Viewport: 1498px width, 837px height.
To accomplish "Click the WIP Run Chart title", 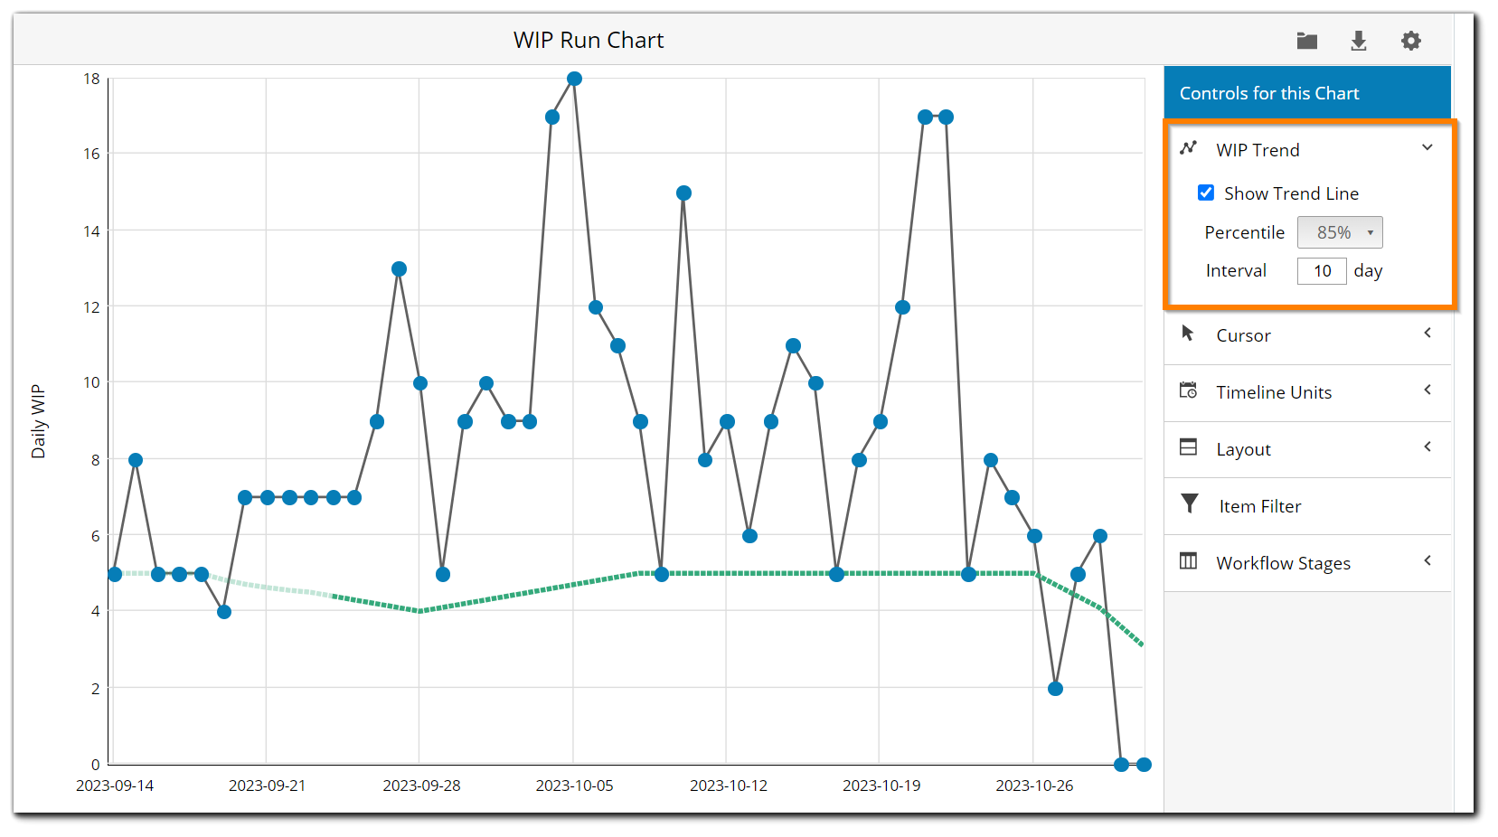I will pyautogui.click(x=589, y=41).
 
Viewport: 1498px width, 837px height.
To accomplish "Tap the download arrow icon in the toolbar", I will pyautogui.click(x=1358, y=41).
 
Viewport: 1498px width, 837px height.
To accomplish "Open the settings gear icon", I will pyautogui.click(x=1410, y=41).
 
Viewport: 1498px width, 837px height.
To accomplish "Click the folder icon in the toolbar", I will pyautogui.click(x=1306, y=41).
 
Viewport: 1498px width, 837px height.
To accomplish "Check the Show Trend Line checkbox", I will pyautogui.click(x=1206, y=193).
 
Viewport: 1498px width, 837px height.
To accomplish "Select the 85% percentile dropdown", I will pyautogui.click(x=1339, y=232).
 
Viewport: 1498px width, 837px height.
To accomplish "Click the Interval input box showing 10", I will pyautogui.click(x=1322, y=271).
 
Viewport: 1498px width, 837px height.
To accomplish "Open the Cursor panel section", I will pyautogui.click(x=1243, y=335).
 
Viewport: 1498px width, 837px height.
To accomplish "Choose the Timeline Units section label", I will pyautogui.click(x=1273, y=392).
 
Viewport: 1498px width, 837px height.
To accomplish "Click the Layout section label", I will pyautogui.click(x=1243, y=449).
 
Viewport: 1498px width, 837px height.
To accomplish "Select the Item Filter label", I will pyautogui.click(x=1259, y=506).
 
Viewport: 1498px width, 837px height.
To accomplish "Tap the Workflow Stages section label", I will pyautogui.click(x=1283, y=563).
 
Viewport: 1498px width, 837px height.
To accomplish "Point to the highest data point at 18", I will pyautogui.click(x=574, y=79).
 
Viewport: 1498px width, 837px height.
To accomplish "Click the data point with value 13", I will pyautogui.click(x=399, y=269).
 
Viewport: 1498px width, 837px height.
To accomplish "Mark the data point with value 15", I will pyautogui.click(x=683, y=193).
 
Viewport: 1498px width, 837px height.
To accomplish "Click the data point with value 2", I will pyautogui.click(x=1055, y=689).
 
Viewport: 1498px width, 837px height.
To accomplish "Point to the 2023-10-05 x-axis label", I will pyautogui.click(x=574, y=785).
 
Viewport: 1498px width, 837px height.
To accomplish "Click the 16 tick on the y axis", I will pyautogui.click(x=91, y=154).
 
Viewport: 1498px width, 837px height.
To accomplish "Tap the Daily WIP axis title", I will pyautogui.click(x=38, y=421).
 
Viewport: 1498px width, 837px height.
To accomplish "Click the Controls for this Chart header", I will pyautogui.click(x=1268, y=93).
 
